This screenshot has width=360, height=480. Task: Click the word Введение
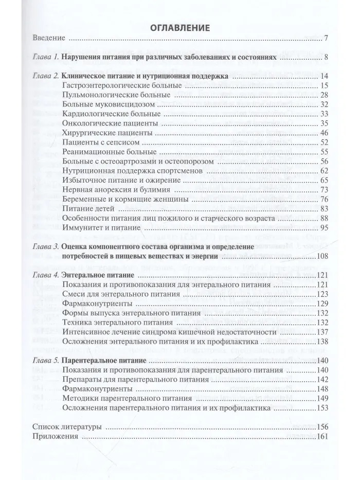click(x=48, y=39)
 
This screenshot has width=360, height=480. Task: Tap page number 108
click(x=321, y=256)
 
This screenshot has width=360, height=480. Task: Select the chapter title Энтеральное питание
click(x=98, y=275)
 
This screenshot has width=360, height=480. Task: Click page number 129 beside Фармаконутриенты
click(x=321, y=304)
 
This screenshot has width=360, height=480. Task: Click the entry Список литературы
click(x=66, y=427)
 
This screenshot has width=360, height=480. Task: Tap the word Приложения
click(x=55, y=436)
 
